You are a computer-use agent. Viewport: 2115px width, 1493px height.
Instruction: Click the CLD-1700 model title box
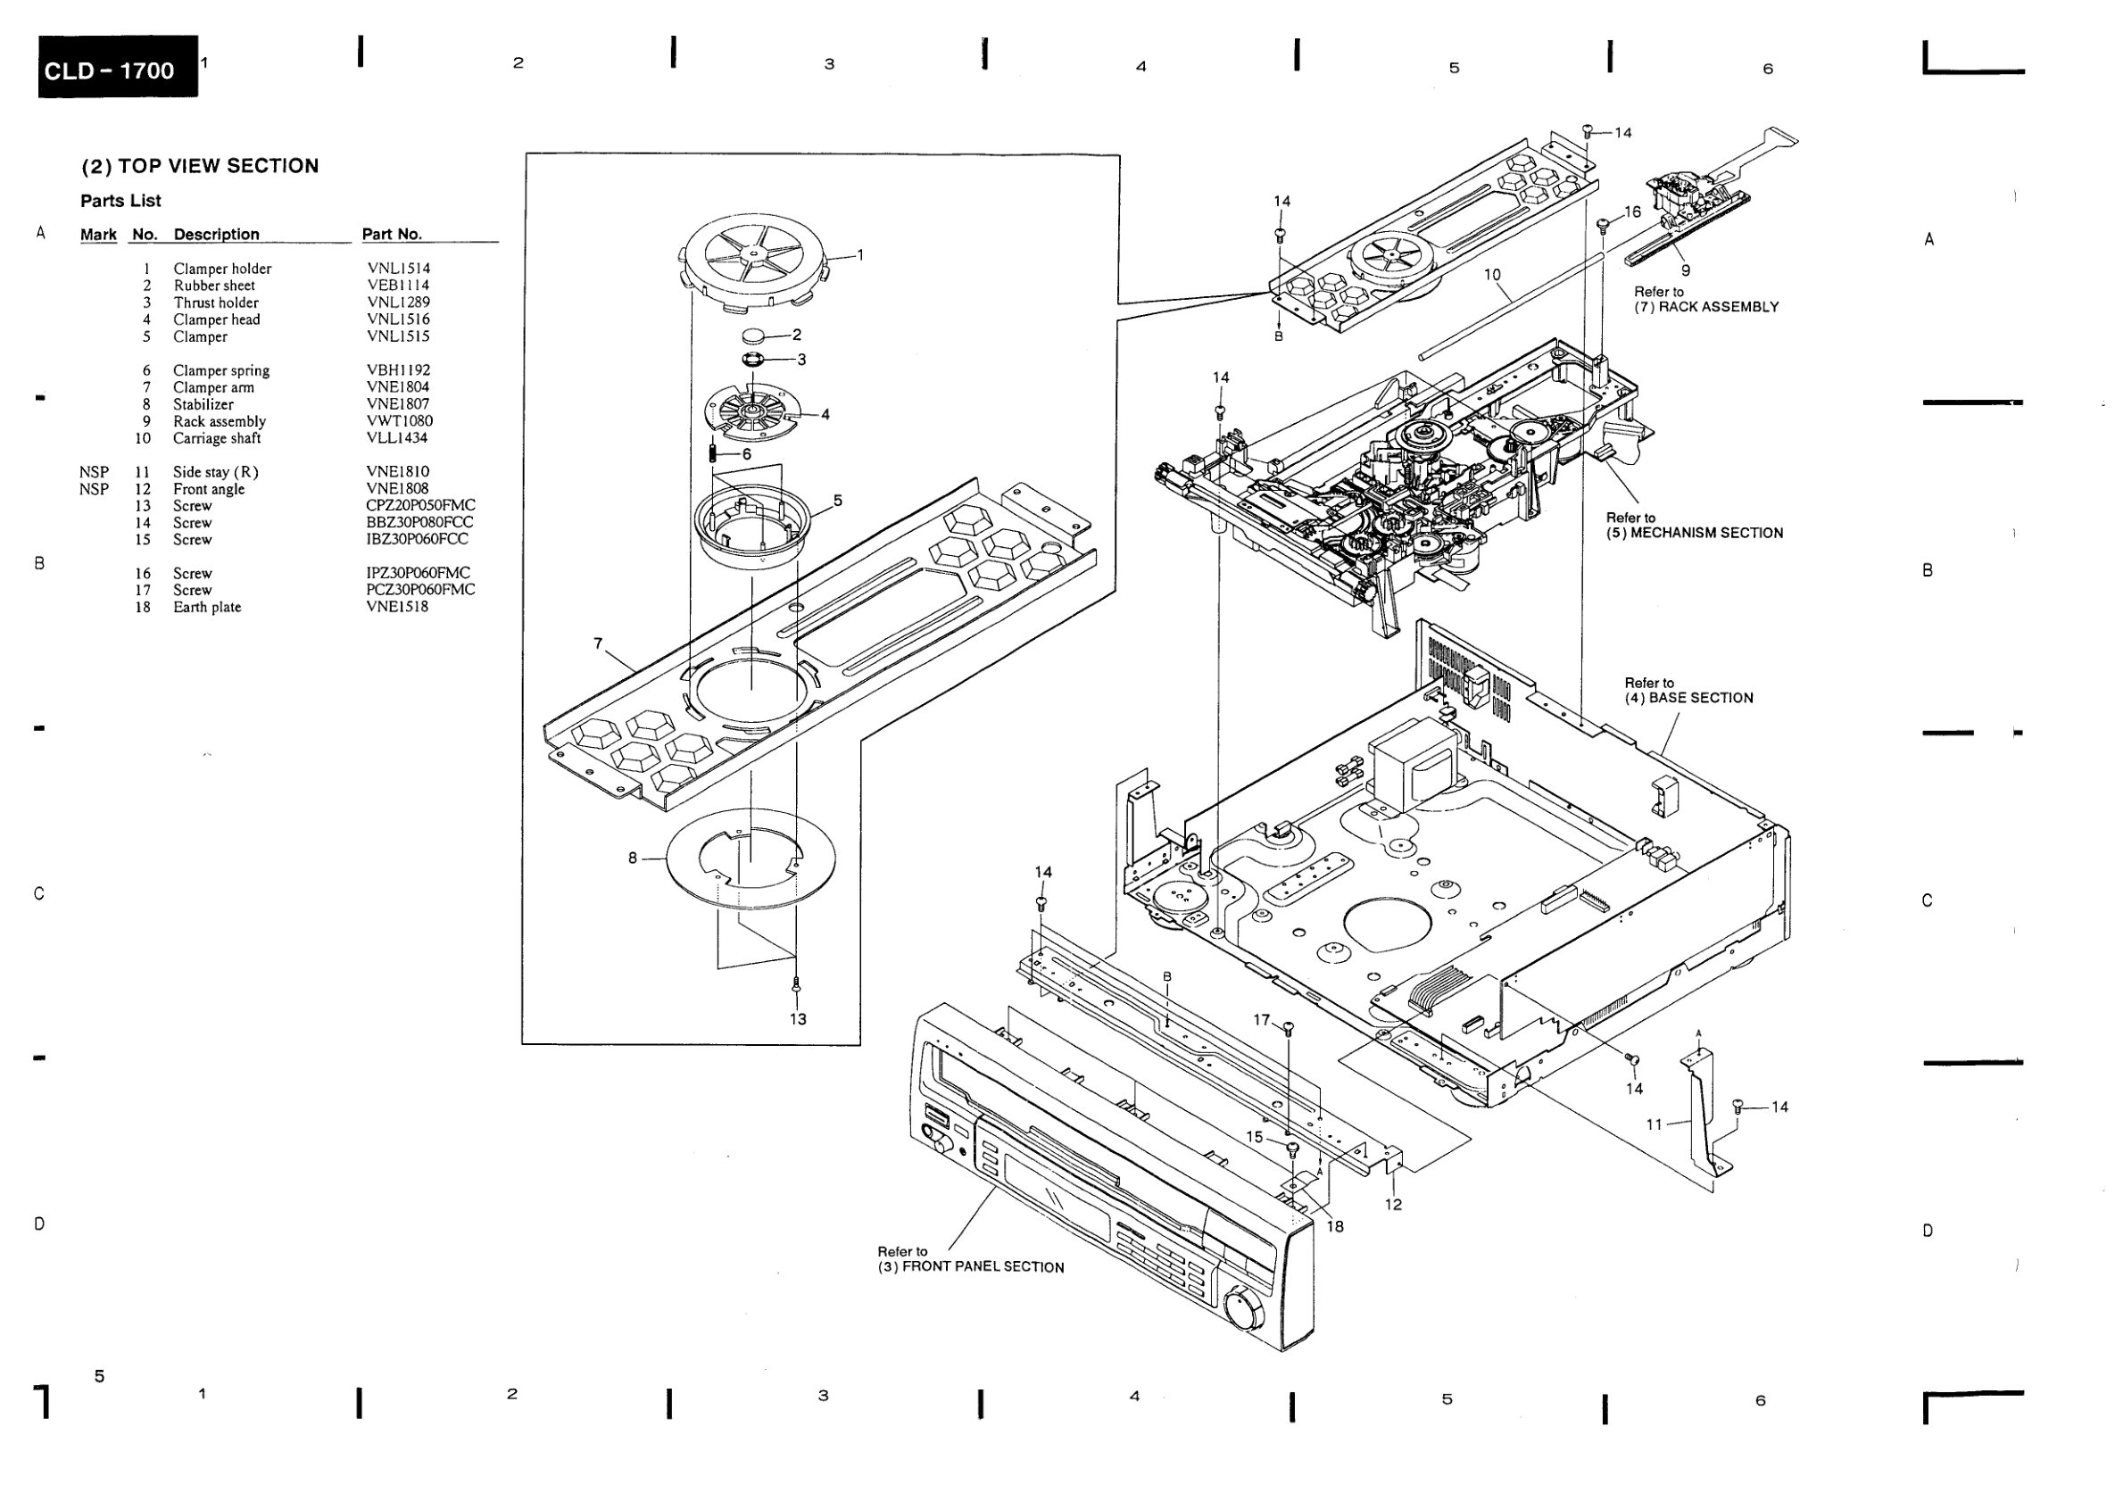[x=118, y=66]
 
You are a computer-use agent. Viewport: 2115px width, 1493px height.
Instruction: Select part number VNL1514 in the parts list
[x=398, y=268]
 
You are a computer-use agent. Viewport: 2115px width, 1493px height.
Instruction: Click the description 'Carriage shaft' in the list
[x=217, y=438]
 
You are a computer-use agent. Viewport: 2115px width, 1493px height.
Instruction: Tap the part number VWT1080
[x=399, y=421]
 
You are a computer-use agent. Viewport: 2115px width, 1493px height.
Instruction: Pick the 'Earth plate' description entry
[x=207, y=607]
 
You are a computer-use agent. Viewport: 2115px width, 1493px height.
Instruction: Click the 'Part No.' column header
[x=392, y=234]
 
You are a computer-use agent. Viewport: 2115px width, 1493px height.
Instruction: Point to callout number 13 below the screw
[x=798, y=1018]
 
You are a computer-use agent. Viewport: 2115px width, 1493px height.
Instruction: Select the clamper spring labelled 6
[x=713, y=453]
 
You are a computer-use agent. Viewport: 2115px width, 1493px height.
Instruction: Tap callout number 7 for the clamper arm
[x=598, y=643]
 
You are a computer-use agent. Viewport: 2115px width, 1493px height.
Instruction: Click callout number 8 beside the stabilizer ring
[x=632, y=858]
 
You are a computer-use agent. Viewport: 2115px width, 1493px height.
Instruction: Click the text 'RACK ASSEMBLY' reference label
[x=1719, y=307]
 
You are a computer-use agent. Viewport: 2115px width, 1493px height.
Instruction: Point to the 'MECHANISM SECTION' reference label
[x=1707, y=533]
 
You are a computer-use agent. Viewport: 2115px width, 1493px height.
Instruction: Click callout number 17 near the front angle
[x=1261, y=1020]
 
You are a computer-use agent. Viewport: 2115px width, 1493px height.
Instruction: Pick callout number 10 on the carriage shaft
[x=1492, y=275]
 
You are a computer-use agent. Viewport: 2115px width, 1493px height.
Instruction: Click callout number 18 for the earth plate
[x=1335, y=1226]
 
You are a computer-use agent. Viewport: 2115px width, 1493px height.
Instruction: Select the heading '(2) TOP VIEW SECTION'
[x=200, y=166]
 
